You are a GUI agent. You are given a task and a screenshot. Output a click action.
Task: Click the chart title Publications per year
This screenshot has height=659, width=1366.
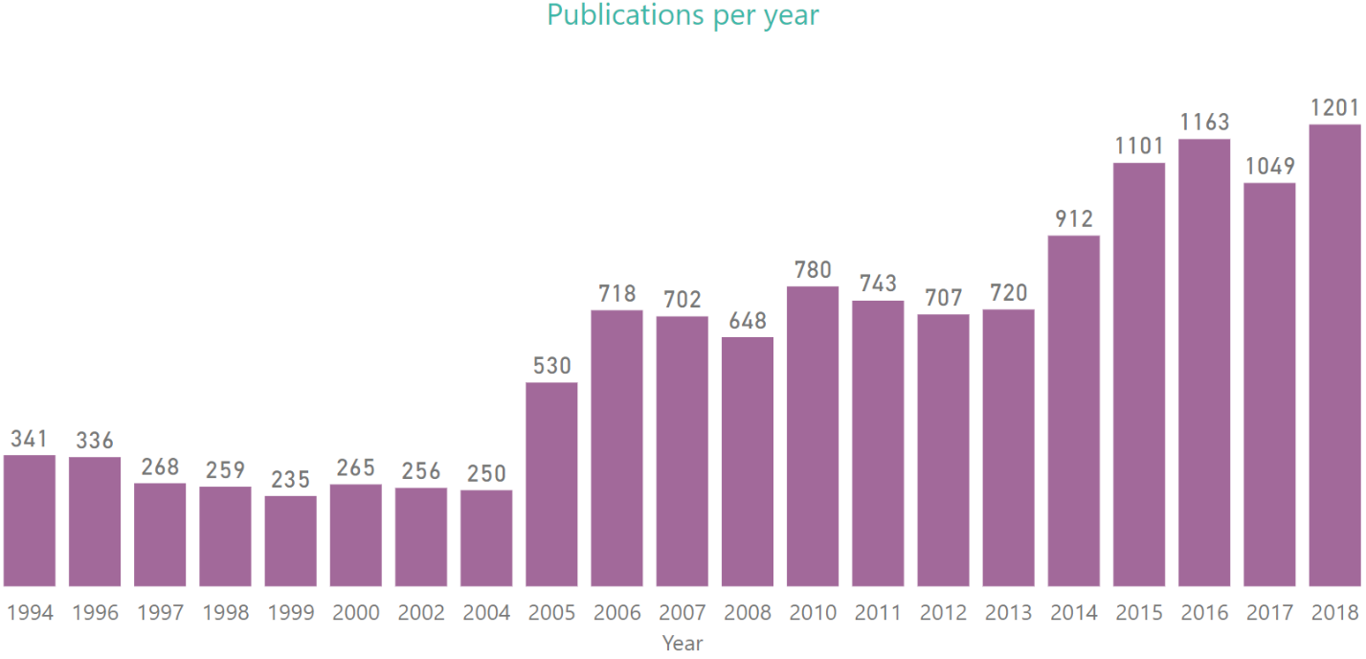tap(683, 15)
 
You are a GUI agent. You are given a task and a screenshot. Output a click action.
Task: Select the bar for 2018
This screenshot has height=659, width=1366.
tap(1334, 354)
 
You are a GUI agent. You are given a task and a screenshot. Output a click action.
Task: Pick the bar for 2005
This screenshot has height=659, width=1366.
tap(551, 484)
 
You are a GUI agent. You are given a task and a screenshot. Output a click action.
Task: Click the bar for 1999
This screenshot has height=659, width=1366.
tap(290, 540)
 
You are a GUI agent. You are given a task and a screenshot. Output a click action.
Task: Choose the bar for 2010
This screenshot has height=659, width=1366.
tap(813, 436)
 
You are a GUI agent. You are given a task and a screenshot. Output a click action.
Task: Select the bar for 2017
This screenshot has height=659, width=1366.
tap(1269, 383)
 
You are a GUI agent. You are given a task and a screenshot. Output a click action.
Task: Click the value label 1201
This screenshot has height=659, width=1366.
tap(1334, 108)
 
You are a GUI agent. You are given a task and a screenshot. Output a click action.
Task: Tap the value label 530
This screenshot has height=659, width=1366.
tap(551, 366)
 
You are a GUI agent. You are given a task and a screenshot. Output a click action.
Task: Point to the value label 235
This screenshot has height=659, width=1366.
tap(290, 479)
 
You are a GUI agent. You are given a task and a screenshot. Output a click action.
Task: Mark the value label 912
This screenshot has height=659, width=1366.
tap(1073, 219)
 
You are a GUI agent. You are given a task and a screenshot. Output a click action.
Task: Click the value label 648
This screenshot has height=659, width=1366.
tap(747, 321)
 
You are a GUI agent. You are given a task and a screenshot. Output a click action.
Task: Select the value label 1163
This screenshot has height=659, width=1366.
tap(1204, 123)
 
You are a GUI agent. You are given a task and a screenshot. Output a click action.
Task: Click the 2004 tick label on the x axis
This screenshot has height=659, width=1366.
tap(486, 613)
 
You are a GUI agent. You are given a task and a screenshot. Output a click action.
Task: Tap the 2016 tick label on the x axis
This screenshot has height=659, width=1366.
tap(1204, 613)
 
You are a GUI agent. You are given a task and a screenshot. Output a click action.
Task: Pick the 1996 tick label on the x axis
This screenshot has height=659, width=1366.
tap(95, 613)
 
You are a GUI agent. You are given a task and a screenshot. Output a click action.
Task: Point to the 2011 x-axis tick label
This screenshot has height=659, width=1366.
tap(878, 613)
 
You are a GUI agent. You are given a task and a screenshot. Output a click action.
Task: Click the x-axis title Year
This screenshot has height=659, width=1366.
tap(683, 644)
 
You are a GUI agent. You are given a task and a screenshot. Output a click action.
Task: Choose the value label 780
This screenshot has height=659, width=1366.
tap(813, 270)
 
